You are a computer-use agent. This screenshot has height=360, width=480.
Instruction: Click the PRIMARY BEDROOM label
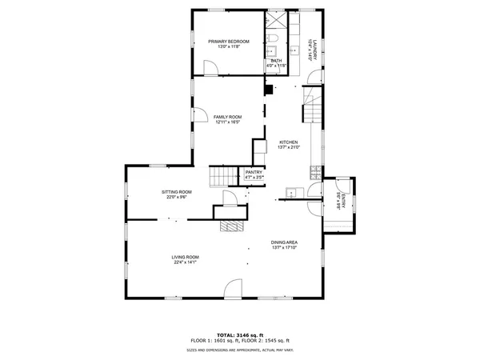tap(229, 41)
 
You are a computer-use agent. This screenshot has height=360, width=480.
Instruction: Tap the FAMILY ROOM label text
tap(227, 117)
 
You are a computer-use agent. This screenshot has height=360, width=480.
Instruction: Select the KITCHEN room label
tap(288, 142)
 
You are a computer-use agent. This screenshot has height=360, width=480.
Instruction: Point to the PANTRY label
tap(254, 172)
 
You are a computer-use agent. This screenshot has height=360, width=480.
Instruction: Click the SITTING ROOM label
tap(176, 192)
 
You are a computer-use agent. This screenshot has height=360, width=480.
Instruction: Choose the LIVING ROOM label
tap(185, 257)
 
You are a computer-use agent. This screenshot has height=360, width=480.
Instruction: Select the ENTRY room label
tap(341, 199)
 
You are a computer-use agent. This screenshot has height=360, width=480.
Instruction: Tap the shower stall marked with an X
tap(275, 21)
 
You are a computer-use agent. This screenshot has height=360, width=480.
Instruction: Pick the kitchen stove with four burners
tap(318, 171)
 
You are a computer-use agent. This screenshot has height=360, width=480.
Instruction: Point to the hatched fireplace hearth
tap(232, 226)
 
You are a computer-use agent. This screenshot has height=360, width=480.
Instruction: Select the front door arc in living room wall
tap(234, 288)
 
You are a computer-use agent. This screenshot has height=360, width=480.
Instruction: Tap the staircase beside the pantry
tap(221, 174)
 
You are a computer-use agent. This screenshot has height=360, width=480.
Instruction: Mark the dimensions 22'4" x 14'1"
tap(185, 262)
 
